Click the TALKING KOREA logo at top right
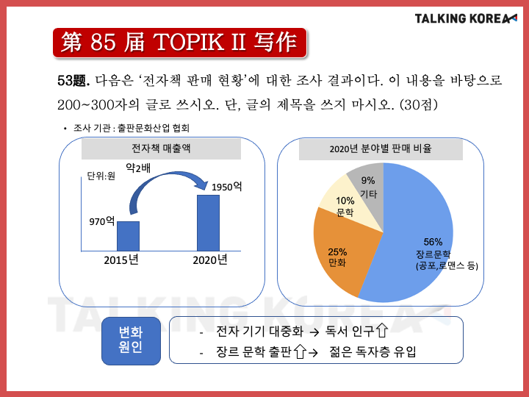click(466, 18)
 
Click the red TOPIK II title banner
click(180, 43)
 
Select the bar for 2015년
click(128, 236)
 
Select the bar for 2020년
click(208, 223)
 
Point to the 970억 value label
click(102, 221)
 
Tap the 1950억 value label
click(227, 187)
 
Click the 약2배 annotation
click(138, 168)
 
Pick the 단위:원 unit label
click(101, 176)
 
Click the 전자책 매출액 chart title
click(161, 149)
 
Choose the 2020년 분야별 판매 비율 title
click(381, 149)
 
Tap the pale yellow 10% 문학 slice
click(348, 206)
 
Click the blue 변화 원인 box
click(131, 340)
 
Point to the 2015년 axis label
click(121, 260)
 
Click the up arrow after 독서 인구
click(382, 330)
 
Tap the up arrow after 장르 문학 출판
click(300, 351)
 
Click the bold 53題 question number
click(73, 81)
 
